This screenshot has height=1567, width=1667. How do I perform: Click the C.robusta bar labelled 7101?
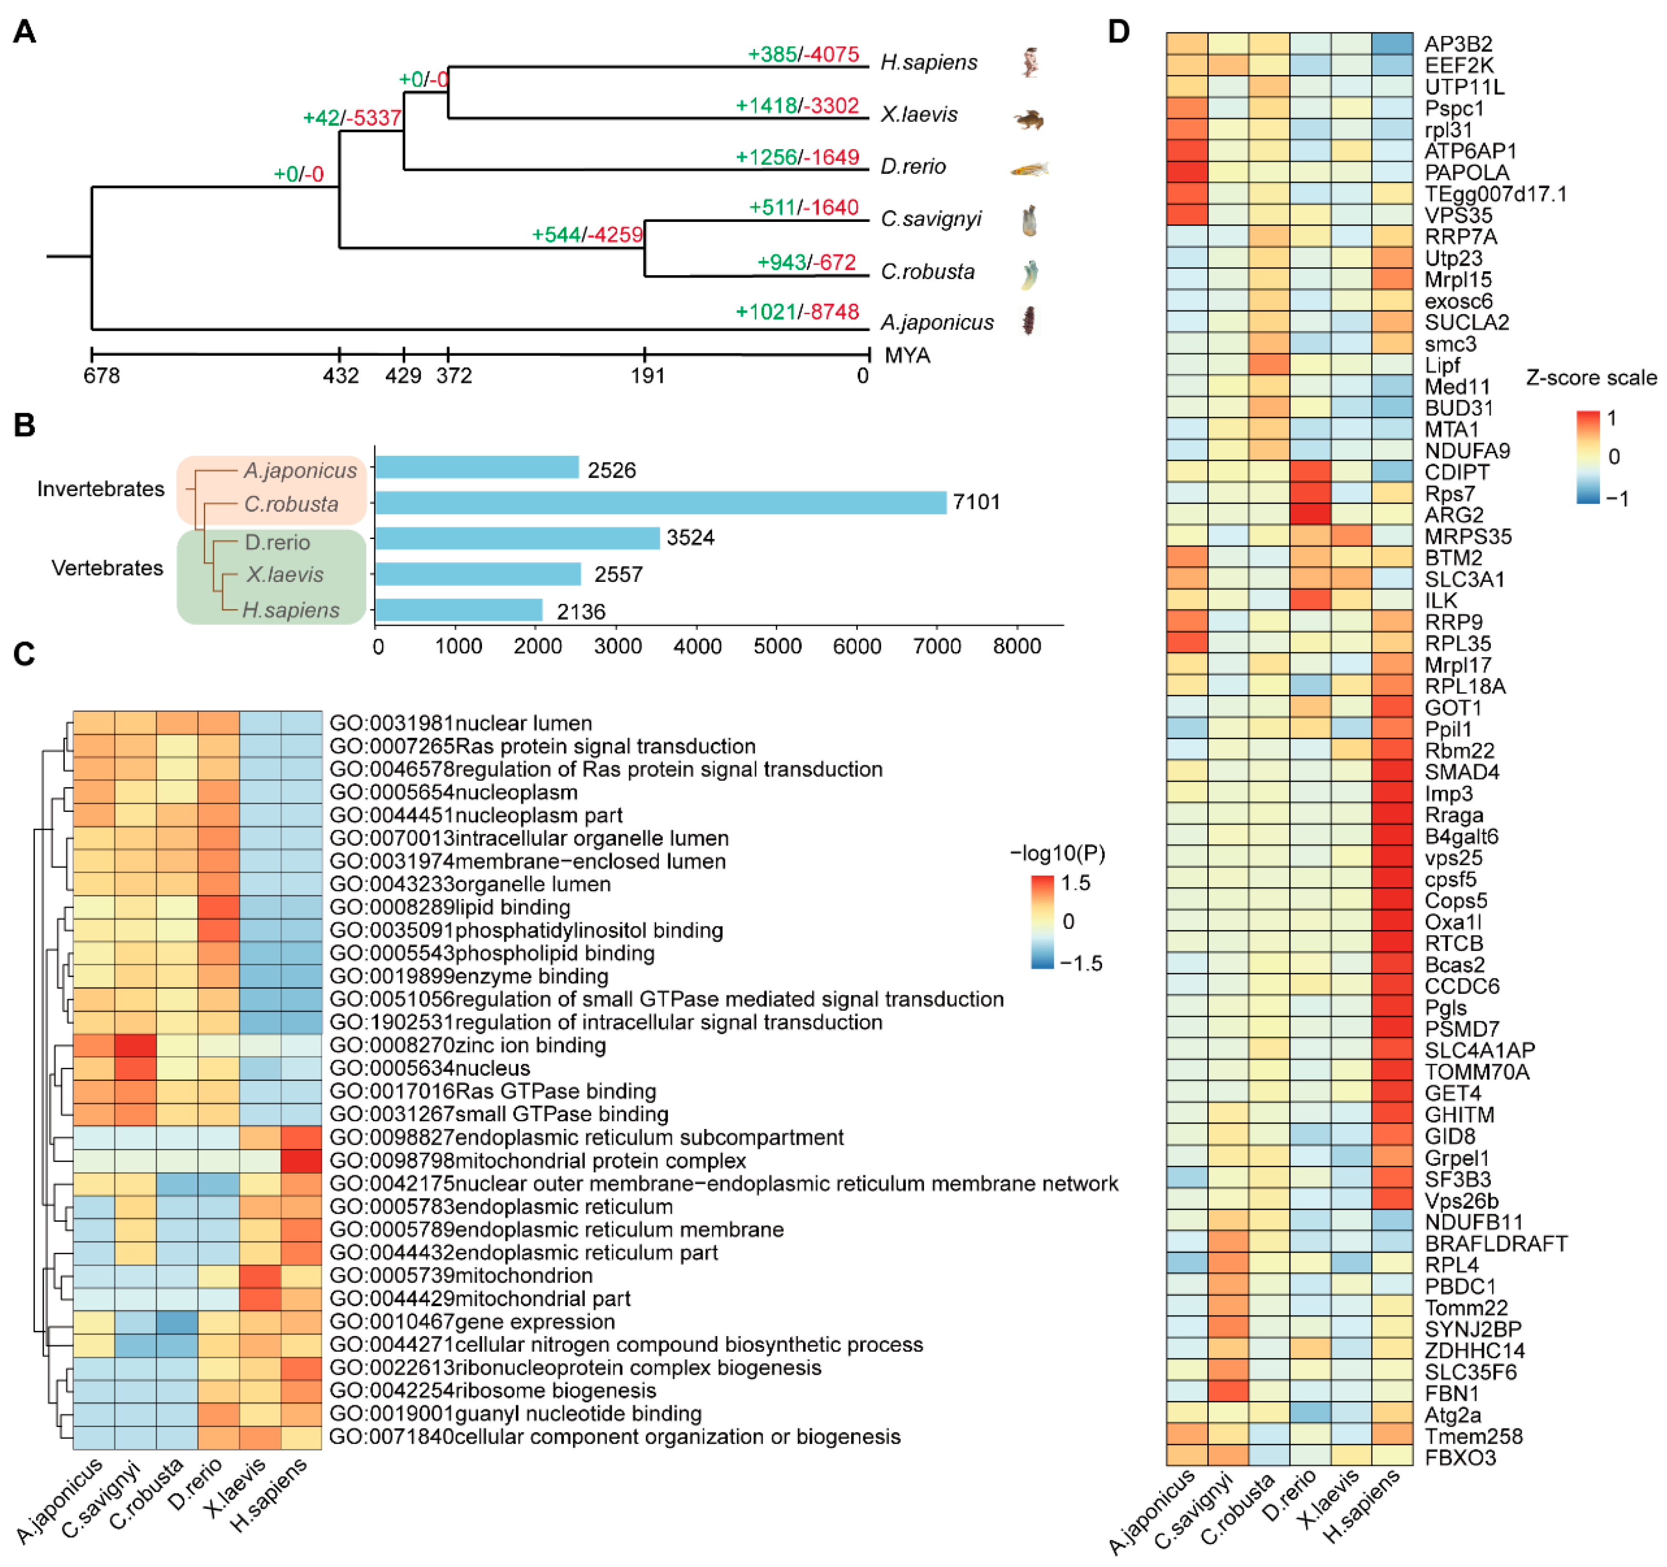point(661,502)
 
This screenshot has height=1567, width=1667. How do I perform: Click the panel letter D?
point(1119,32)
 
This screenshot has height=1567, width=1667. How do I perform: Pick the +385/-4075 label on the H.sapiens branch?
point(803,54)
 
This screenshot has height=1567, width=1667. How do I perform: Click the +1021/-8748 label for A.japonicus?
point(797,312)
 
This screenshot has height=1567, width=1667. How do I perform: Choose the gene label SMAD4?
point(1462,772)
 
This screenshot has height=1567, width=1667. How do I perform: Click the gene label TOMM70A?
point(1476,1071)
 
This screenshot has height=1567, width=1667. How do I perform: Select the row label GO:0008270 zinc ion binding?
point(467,1046)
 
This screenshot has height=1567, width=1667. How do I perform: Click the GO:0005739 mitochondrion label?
point(461,1275)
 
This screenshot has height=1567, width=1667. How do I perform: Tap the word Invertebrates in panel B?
point(100,489)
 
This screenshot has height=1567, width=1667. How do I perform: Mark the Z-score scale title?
point(1591,378)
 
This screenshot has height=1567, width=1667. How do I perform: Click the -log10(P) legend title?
point(1057,854)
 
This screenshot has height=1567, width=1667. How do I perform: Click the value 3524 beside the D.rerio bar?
point(690,538)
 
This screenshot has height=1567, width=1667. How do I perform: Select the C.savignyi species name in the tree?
point(931,219)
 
